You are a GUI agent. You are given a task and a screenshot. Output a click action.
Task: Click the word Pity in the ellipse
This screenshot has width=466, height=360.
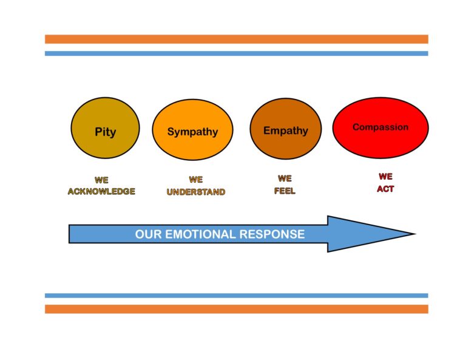click(105, 132)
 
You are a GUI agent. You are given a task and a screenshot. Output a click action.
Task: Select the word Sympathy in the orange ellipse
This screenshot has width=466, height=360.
click(192, 132)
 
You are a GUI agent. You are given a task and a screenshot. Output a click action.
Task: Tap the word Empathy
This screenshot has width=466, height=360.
click(285, 131)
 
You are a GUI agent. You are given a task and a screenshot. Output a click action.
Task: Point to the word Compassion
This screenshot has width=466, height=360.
click(380, 127)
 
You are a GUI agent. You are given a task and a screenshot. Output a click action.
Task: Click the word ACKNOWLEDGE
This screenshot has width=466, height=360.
click(101, 192)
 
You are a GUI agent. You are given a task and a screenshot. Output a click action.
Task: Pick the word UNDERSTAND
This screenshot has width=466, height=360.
click(196, 192)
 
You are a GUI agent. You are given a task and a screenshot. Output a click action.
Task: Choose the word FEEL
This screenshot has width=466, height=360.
click(285, 191)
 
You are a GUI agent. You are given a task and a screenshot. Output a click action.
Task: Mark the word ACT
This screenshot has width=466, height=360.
click(385, 189)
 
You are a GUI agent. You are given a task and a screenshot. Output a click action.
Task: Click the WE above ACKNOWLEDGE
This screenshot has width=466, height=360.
click(101, 180)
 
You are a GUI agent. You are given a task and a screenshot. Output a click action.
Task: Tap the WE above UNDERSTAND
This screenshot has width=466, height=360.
click(196, 180)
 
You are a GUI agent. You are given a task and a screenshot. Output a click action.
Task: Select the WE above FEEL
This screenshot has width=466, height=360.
click(285, 178)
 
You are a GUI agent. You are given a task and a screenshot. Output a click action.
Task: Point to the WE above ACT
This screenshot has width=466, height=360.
click(385, 177)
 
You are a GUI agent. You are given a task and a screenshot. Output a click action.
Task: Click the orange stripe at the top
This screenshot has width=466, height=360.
click(236, 39)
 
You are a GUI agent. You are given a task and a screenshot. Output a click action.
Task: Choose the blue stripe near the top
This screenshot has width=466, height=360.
click(236, 53)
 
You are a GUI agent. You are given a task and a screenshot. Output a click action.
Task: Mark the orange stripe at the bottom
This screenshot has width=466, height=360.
click(236, 309)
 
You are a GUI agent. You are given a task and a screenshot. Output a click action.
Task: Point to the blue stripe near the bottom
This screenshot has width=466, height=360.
click(236, 296)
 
